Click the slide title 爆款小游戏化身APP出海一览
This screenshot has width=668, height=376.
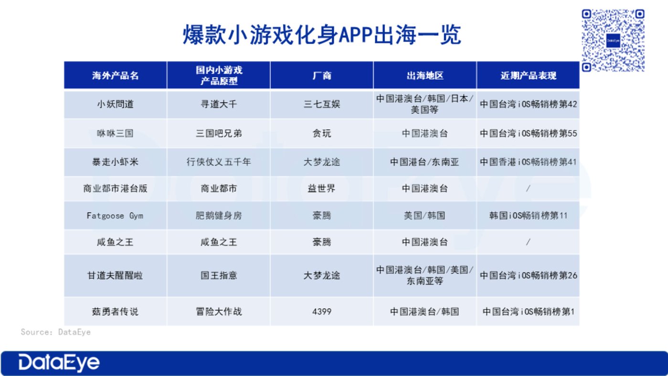[322, 35]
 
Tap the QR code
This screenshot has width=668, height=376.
[613, 41]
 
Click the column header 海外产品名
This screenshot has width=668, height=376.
[116, 75]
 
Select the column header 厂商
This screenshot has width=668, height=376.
[322, 75]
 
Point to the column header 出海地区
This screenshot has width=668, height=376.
[425, 75]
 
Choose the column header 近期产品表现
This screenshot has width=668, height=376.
[528, 75]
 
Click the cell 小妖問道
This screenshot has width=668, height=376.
[116, 104]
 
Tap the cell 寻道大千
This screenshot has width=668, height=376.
[219, 104]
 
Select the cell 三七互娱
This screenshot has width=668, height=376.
[322, 104]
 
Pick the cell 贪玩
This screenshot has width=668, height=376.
[322, 133]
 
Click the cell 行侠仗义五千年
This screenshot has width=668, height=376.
[219, 162]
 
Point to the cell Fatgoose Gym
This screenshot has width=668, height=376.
[115, 216]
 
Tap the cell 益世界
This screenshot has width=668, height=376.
[322, 188]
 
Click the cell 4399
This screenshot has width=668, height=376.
[322, 312]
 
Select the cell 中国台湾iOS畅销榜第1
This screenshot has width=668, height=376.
[528, 312]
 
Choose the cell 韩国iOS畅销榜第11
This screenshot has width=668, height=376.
[528, 215]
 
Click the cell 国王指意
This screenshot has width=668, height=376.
[219, 275]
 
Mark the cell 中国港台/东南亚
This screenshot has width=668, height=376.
[424, 162]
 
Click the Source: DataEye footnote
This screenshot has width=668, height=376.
[56, 332]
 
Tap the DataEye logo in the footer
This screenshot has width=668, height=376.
[59, 363]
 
